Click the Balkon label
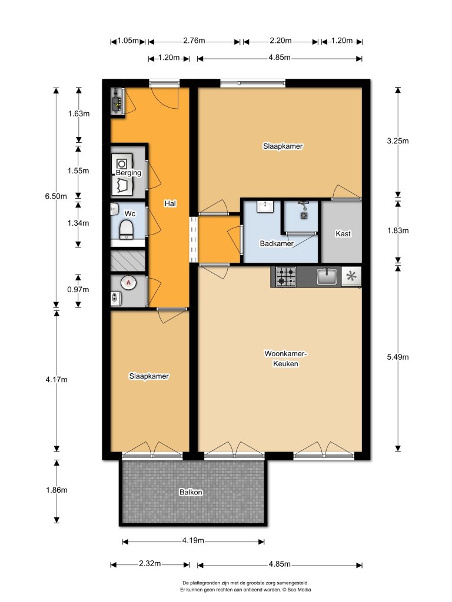coord(191,493)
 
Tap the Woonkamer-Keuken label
coord(286,359)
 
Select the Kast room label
coord(343,234)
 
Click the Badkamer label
coord(277,243)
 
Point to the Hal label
coord(171,203)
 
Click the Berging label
coord(128,173)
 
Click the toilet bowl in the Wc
coord(127,228)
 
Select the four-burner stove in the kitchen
coord(287,277)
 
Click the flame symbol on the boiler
coord(128,283)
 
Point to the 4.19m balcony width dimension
coord(194,541)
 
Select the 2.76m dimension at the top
coord(194,41)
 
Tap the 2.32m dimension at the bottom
coord(149,564)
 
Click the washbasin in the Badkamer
coord(267,206)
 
